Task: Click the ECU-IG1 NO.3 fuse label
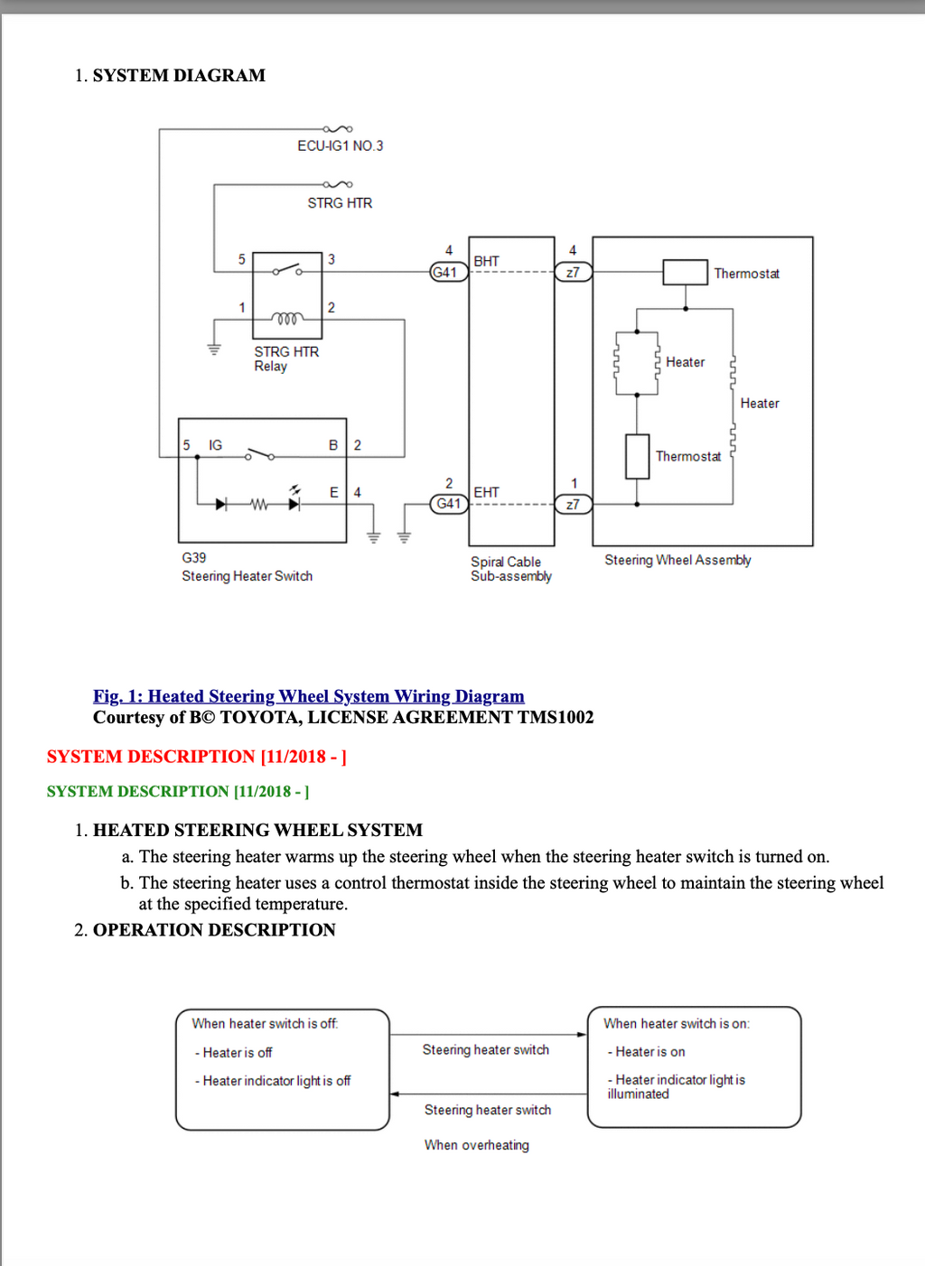tap(341, 145)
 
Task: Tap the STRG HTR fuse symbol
tap(338, 184)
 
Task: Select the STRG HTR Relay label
tap(286, 358)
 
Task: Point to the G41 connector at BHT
tap(449, 273)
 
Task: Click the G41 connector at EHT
tap(449, 504)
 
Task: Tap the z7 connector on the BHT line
tap(574, 273)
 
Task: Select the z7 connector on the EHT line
tap(574, 504)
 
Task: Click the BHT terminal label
tap(486, 261)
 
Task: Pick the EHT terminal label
tap(486, 492)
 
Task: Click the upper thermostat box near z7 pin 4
tap(686, 273)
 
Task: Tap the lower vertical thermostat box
tap(637, 457)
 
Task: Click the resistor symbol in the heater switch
tap(259, 504)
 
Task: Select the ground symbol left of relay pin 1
tap(214, 349)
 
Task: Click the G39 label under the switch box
tap(194, 558)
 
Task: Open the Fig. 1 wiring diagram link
tap(309, 695)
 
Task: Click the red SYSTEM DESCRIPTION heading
tap(196, 756)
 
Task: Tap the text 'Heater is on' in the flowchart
tap(650, 1052)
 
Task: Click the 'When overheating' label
tap(477, 1145)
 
